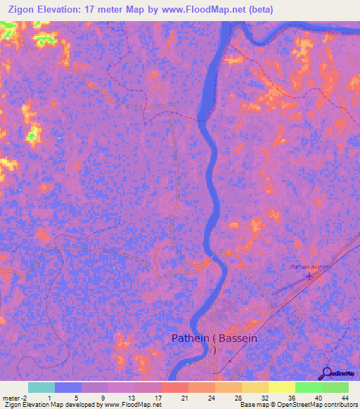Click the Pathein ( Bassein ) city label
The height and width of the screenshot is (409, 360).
214,339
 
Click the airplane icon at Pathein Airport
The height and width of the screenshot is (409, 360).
308,278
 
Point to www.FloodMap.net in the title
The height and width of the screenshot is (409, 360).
199,9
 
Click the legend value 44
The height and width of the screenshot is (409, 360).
345,397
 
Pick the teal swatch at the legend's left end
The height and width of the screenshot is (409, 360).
41,387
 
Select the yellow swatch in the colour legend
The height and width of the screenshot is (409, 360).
281,387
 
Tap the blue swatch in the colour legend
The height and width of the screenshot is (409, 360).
68,387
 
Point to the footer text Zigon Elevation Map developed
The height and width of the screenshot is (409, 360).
42,405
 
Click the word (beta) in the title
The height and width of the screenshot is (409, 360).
256,9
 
